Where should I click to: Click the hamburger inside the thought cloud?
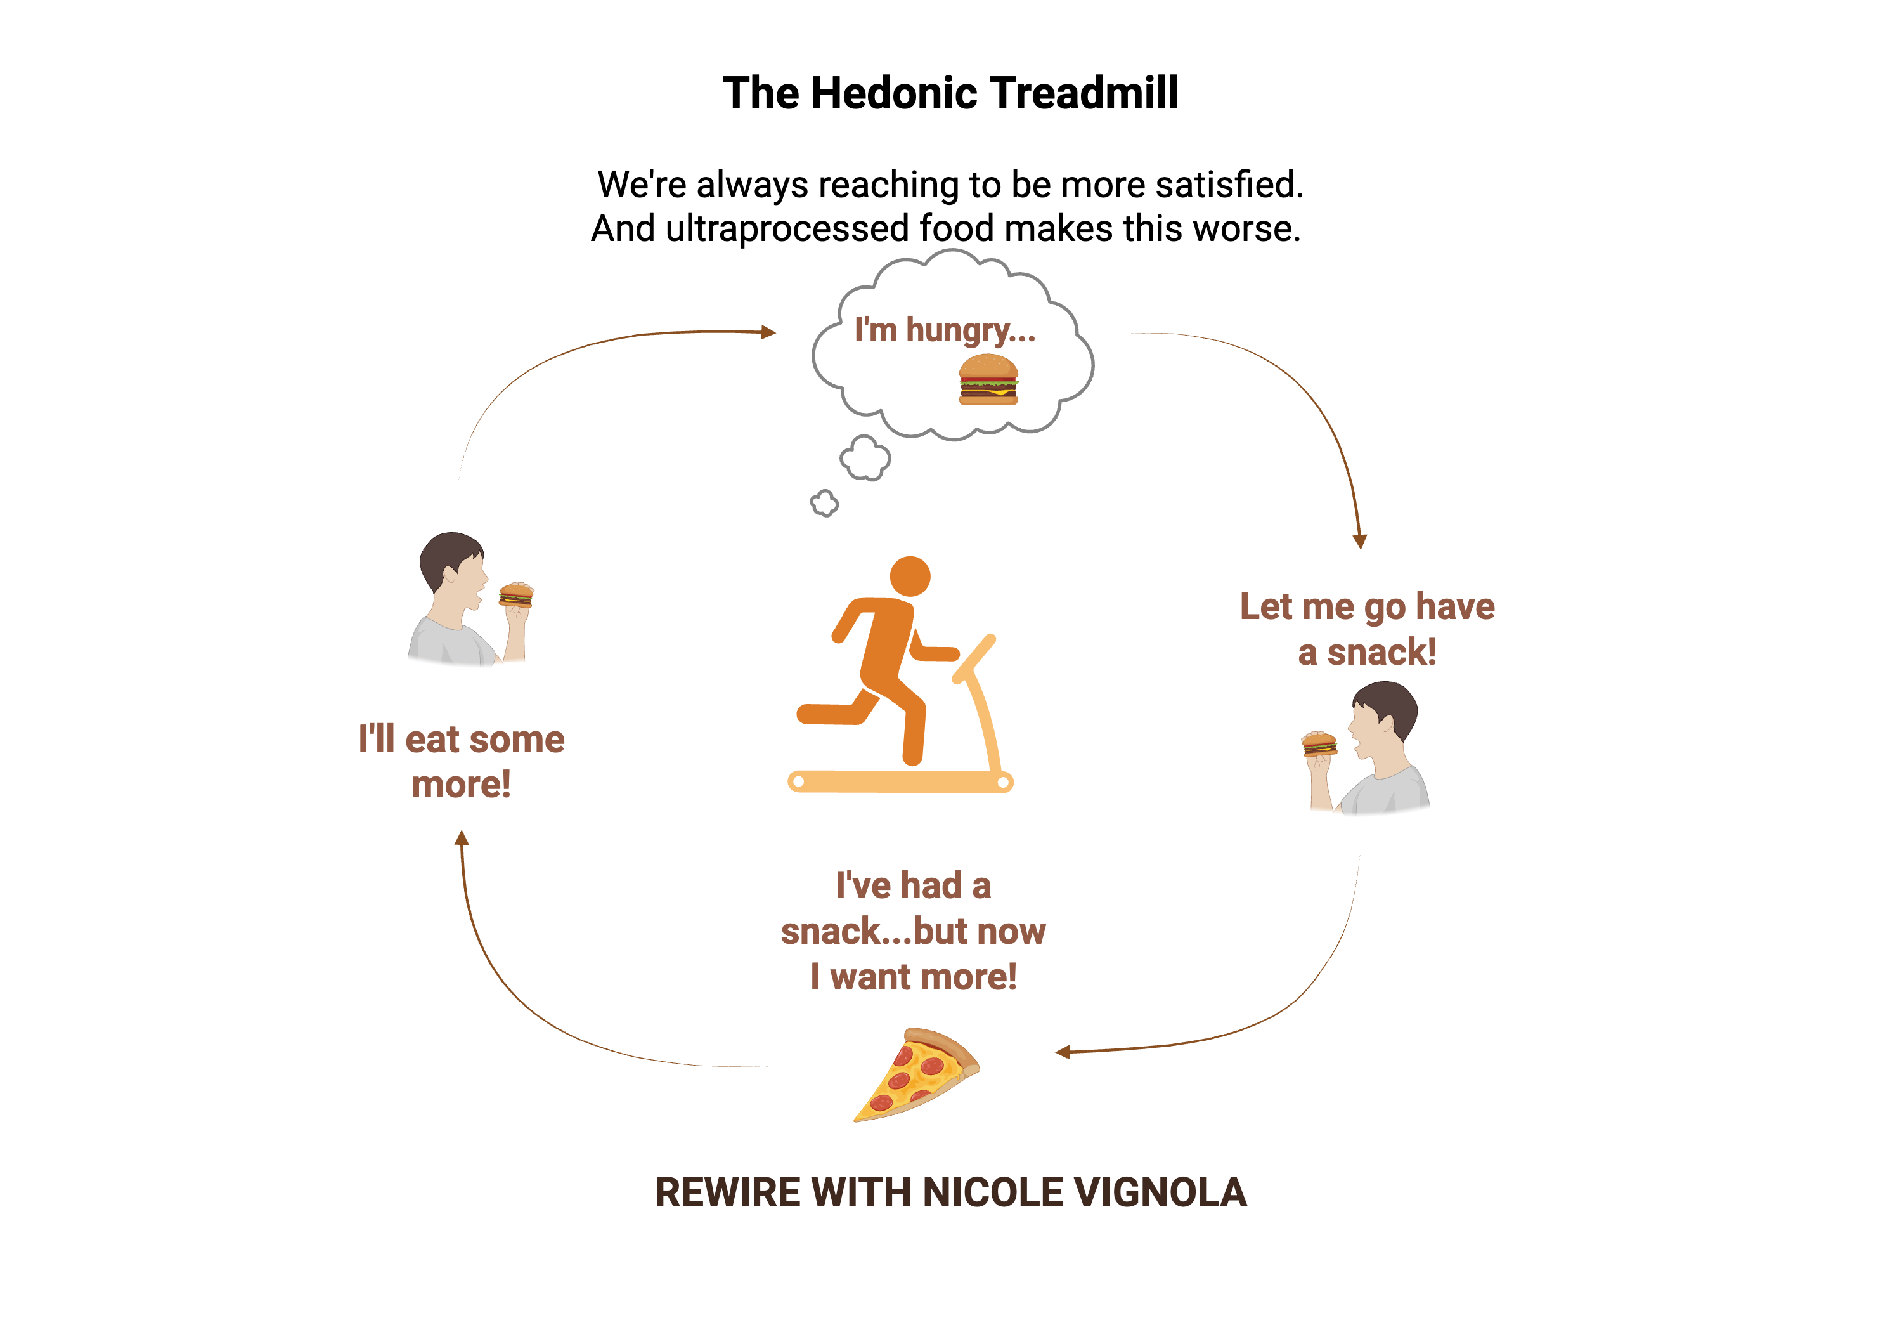pos(988,380)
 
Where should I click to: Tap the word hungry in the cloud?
pos(969,330)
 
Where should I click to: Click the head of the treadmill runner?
pos(910,576)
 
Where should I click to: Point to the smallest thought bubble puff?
pos(824,503)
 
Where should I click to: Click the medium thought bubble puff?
pos(865,457)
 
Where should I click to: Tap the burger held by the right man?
pos(1319,743)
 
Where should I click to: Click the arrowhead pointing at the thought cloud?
pos(769,332)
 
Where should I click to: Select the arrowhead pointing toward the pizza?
pos(1063,1052)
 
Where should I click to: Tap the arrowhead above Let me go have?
pos(1359,540)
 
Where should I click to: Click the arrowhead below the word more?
pos(462,838)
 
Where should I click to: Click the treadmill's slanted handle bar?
pos(975,659)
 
